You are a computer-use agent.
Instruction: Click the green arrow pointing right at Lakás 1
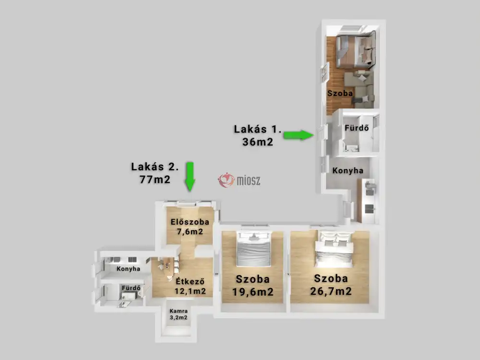tap(298, 135)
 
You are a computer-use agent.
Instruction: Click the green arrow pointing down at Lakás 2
tap(190, 176)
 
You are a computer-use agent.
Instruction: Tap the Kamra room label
tap(178, 311)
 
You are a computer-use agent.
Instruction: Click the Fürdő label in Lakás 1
tap(356, 128)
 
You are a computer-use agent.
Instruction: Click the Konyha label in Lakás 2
tap(128, 269)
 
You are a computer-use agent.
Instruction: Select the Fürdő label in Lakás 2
tap(131, 288)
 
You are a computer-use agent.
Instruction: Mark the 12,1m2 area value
tap(190, 291)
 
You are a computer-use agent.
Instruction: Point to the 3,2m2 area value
tap(178, 317)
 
